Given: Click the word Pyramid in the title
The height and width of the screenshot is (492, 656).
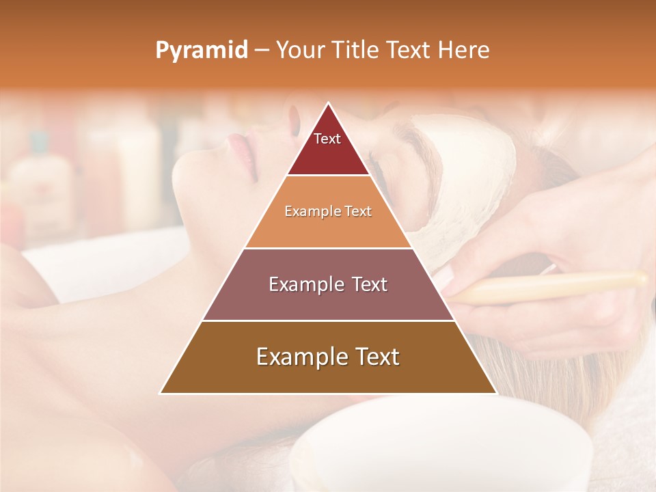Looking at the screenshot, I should [x=202, y=50].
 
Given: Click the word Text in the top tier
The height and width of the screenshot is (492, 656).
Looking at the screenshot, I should [x=327, y=139].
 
